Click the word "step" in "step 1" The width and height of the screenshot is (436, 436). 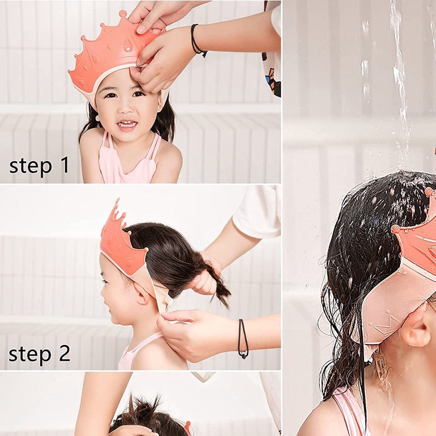31,166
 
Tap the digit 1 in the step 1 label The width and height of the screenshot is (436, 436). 64,165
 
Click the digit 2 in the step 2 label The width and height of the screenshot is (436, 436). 65,353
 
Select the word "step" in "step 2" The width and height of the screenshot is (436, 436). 30,355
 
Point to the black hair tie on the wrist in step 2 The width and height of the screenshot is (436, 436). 243,338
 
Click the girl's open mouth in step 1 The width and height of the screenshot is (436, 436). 127,124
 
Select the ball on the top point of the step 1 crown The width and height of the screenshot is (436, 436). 123,13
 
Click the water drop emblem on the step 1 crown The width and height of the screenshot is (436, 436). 128,45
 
